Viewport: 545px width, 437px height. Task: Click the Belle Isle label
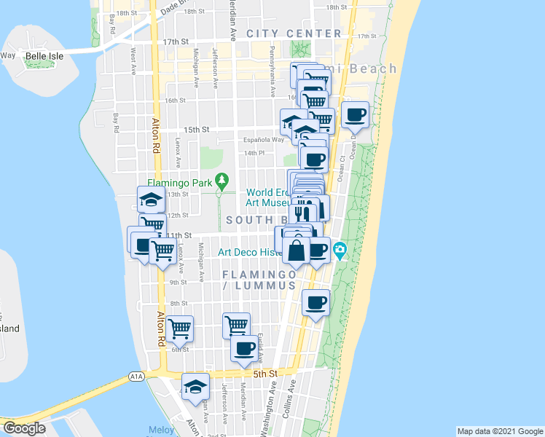click(46, 55)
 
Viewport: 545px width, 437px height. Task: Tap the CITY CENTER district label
click(294, 34)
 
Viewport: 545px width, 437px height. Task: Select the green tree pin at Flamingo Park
click(223, 179)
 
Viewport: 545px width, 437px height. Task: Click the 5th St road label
click(266, 374)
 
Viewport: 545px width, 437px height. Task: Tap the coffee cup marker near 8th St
click(316, 303)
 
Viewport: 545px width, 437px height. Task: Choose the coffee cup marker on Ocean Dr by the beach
click(355, 114)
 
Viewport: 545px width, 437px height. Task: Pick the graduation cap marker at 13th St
click(151, 199)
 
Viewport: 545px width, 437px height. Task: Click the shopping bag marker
click(297, 250)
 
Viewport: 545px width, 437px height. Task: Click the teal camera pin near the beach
click(340, 252)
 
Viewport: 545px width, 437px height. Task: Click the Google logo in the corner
click(24, 428)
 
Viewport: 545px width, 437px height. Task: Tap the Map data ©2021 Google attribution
click(499, 431)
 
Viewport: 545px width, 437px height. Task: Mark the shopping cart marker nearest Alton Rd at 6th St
click(179, 328)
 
